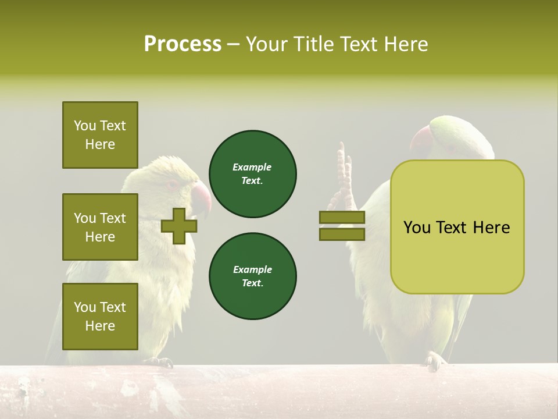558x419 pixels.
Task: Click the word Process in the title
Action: [183, 44]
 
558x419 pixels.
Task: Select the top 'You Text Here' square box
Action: [100, 135]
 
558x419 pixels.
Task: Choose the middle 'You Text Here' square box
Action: [100, 227]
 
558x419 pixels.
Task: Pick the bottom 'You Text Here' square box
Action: [100, 316]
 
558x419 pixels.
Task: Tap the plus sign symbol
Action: [178, 226]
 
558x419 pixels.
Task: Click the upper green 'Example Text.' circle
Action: [252, 174]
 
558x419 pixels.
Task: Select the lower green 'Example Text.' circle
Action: [252, 276]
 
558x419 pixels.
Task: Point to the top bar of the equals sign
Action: [342, 218]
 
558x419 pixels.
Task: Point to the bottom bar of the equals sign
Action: [342, 234]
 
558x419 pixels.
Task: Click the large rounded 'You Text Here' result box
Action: [457, 227]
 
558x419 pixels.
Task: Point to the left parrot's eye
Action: [173, 184]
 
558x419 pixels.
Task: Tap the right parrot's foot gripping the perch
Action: [434, 361]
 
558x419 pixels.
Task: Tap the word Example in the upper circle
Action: [252, 168]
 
